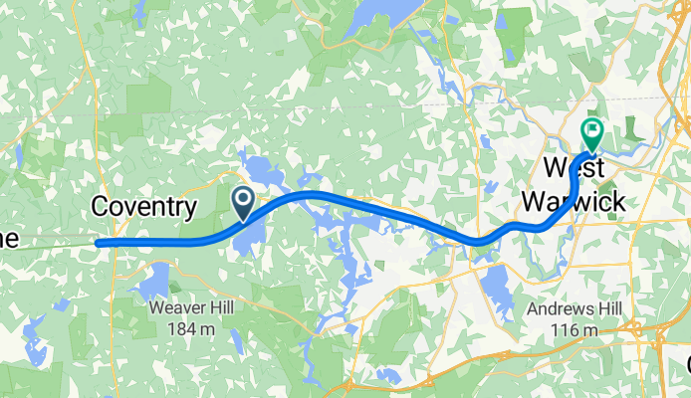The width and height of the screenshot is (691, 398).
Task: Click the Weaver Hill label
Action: point(192,308)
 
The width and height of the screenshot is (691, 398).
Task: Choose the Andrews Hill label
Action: point(575,309)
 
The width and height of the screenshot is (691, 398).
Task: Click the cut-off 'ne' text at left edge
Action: point(9,239)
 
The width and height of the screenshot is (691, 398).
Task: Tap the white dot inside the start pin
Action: point(243,198)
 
